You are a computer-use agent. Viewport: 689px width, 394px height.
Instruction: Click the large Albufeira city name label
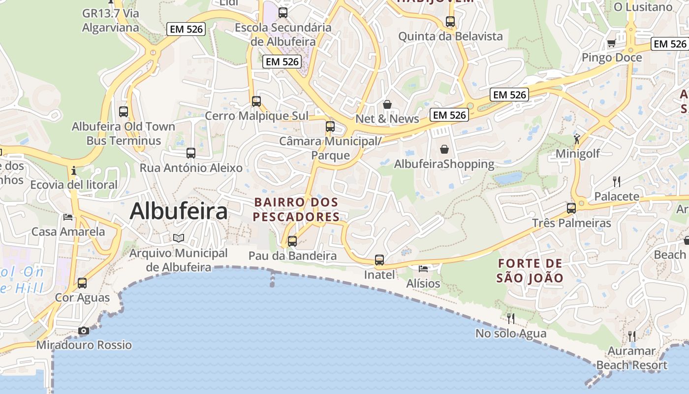click(179, 211)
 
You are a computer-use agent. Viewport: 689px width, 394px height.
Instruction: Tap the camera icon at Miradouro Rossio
click(84, 330)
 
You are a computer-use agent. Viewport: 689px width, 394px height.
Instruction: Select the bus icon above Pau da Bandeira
click(292, 241)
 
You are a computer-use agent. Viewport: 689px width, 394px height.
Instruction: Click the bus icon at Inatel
click(379, 260)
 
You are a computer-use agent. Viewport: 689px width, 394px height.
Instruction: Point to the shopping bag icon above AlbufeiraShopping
click(444, 149)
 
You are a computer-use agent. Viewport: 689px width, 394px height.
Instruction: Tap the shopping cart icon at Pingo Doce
click(611, 43)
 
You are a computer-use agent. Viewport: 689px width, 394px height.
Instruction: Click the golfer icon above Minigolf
click(577, 138)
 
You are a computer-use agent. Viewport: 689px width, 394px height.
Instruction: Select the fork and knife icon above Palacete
click(616, 181)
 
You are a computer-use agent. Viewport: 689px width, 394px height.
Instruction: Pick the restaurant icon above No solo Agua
click(511, 318)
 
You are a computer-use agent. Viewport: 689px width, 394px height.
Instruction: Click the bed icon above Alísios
click(423, 268)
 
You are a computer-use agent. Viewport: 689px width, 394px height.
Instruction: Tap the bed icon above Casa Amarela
click(68, 217)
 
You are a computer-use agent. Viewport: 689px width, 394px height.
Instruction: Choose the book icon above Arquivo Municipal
click(179, 238)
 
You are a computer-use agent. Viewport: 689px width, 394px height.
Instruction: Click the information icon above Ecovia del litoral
click(74, 170)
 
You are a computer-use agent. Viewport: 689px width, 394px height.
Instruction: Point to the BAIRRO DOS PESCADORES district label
click(296, 209)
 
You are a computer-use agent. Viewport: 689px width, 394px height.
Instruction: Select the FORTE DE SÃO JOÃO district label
click(530, 270)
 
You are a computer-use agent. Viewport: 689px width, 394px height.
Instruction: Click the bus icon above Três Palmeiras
click(571, 208)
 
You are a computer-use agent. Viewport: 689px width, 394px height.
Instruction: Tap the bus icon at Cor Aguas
click(82, 283)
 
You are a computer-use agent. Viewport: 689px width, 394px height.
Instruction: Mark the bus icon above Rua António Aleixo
click(191, 153)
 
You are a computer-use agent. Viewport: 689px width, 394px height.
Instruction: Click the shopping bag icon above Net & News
click(387, 104)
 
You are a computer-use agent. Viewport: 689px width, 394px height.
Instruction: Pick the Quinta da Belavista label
click(450, 36)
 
